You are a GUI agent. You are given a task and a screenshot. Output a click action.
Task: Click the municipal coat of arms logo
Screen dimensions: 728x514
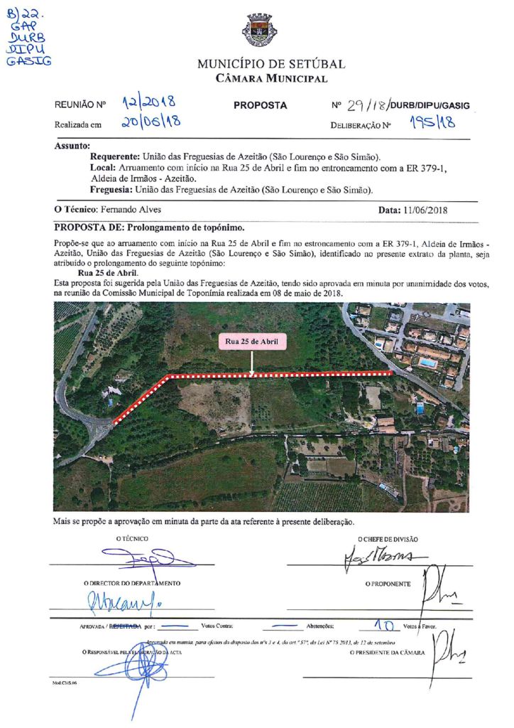click(261, 31)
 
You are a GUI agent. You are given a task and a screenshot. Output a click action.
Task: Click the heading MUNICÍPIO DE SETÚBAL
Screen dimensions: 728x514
click(271, 64)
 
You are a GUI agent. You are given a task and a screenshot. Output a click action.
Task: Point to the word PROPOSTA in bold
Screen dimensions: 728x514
click(260, 105)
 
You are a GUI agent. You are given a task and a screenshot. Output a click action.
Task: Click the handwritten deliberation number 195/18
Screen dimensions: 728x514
click(432, 122)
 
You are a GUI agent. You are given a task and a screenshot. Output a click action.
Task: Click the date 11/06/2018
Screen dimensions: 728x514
click(424, 210)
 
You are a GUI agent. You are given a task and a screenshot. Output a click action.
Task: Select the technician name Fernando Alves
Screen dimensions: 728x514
click(131, 210)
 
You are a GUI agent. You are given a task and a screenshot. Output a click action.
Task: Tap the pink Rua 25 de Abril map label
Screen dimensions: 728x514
click(252, 342)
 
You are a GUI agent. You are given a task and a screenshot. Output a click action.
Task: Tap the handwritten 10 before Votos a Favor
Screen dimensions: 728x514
click(384, 626)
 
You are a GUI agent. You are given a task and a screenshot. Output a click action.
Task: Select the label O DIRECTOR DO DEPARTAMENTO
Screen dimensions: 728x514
click(131, 583)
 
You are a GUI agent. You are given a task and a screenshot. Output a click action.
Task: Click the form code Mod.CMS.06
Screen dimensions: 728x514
click(64, 682)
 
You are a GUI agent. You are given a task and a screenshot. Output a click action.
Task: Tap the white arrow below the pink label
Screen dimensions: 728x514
click(252, 363)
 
